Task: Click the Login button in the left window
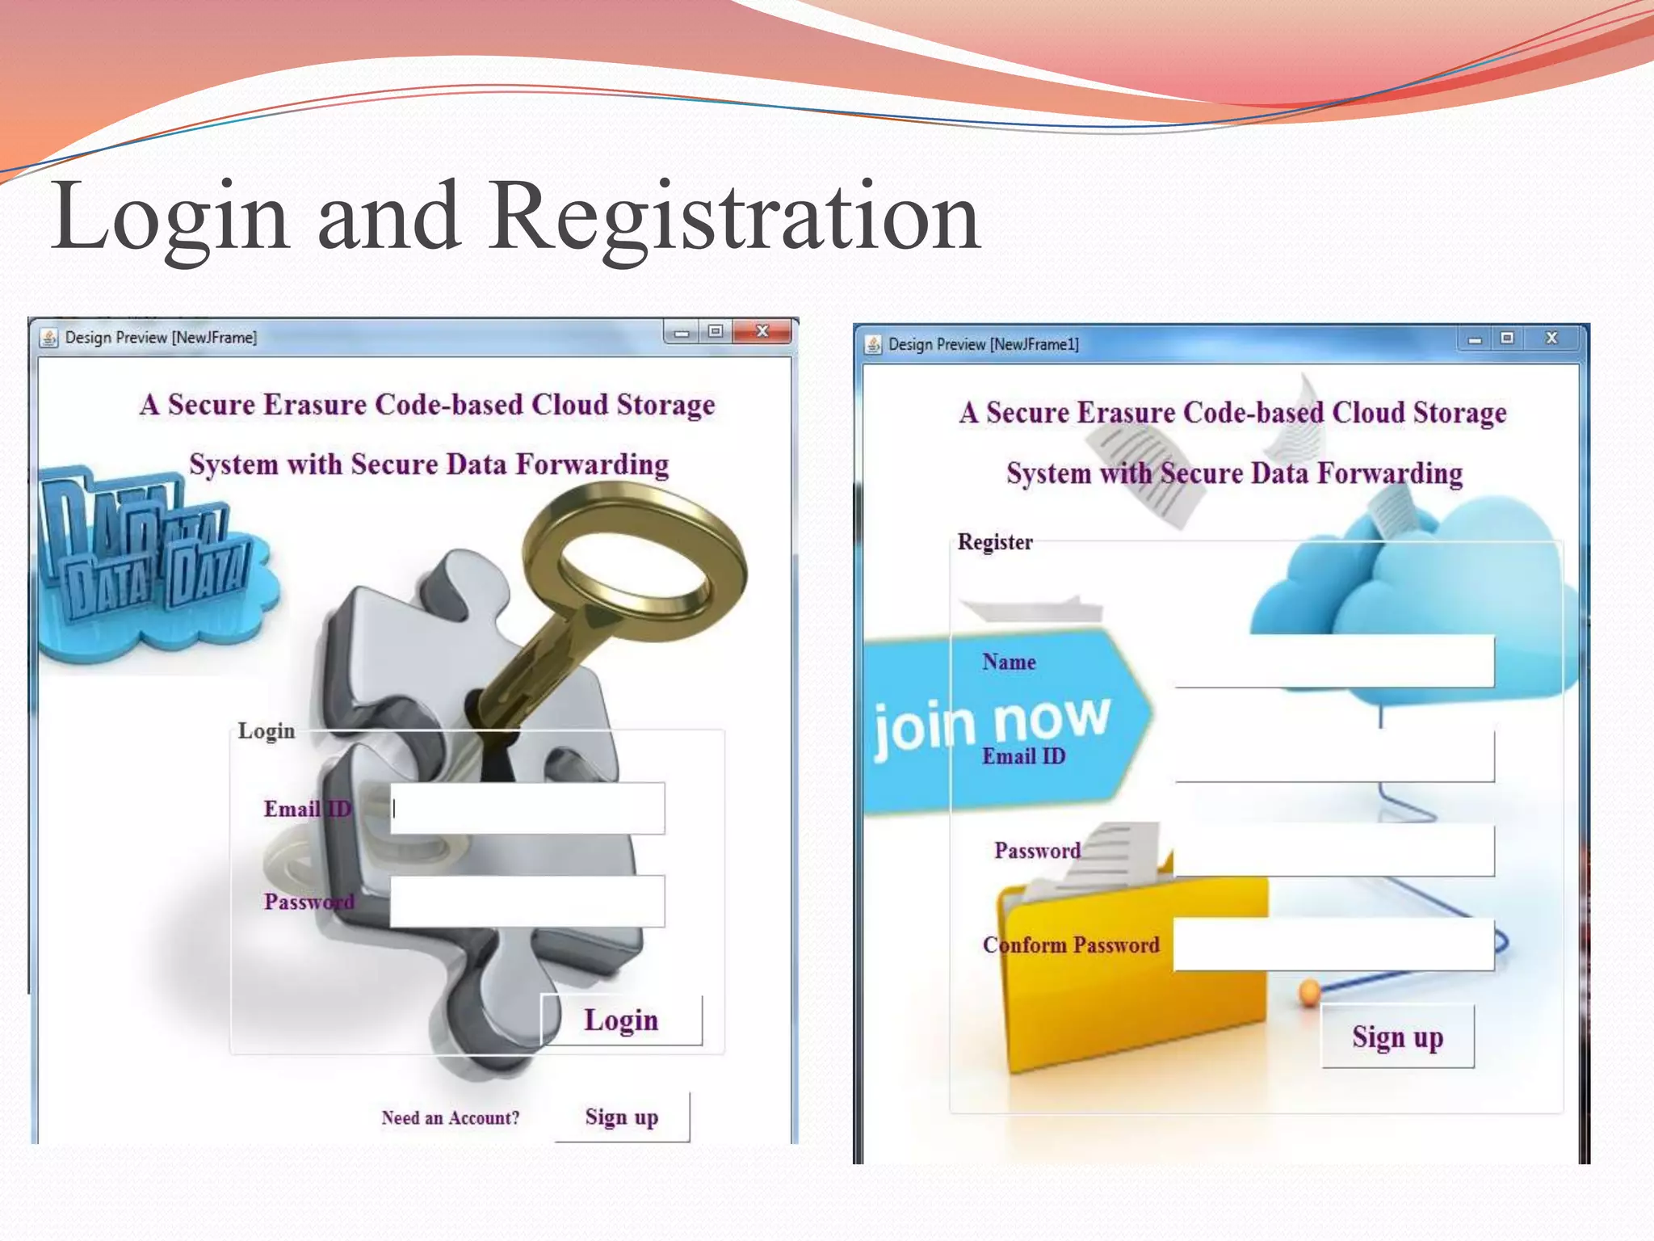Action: (x=621, y=1020)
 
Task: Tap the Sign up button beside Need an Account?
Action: (x=622, y=1117)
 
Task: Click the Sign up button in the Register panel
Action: (x=1397, y=1037)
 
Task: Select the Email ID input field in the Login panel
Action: (x=527, y=808)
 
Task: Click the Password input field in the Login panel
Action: (x=527, y=901)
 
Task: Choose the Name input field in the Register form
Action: (x=1333, y=661)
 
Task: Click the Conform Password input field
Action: (x=1333, y=944)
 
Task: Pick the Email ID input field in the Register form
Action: (x=1333, y=755)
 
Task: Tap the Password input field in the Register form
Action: (x=1333, y=850)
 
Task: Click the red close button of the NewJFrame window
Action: (x=762, y=331)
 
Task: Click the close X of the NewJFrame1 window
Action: (x=1551, y=338)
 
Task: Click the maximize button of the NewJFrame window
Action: (x=716, y=331)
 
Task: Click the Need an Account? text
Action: (x=450, y=1118)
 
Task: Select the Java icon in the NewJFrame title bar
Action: (x=49, y=338)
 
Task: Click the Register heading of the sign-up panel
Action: (x=995, y=542)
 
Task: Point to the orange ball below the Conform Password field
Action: (x=1309, y=991)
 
